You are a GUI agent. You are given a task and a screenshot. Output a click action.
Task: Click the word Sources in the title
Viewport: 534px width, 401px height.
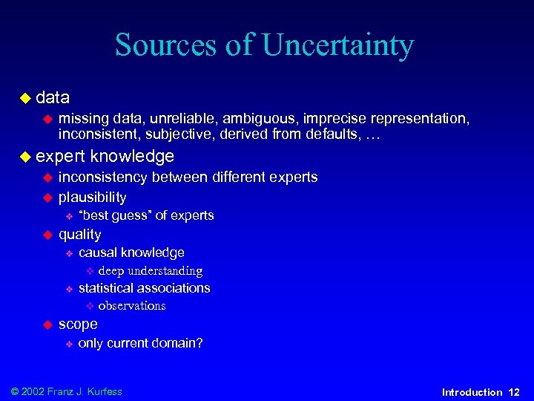(166, 45)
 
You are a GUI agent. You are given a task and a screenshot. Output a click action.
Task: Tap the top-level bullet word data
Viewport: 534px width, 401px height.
(53, 97)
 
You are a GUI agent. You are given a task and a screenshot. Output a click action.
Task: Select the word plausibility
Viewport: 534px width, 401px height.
(92, 198)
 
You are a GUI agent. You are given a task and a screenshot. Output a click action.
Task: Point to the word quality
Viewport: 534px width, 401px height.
(79, 235)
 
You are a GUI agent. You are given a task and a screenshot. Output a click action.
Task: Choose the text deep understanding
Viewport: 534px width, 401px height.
(150, 271)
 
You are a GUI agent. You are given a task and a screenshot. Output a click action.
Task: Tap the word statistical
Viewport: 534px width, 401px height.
(108, 288)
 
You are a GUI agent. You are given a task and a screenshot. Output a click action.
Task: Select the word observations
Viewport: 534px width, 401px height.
(131, 306)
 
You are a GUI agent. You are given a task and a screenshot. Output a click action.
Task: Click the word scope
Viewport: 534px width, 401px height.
(78, 325)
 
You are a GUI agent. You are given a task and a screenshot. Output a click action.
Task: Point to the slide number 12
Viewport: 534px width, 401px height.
(514, 392)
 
